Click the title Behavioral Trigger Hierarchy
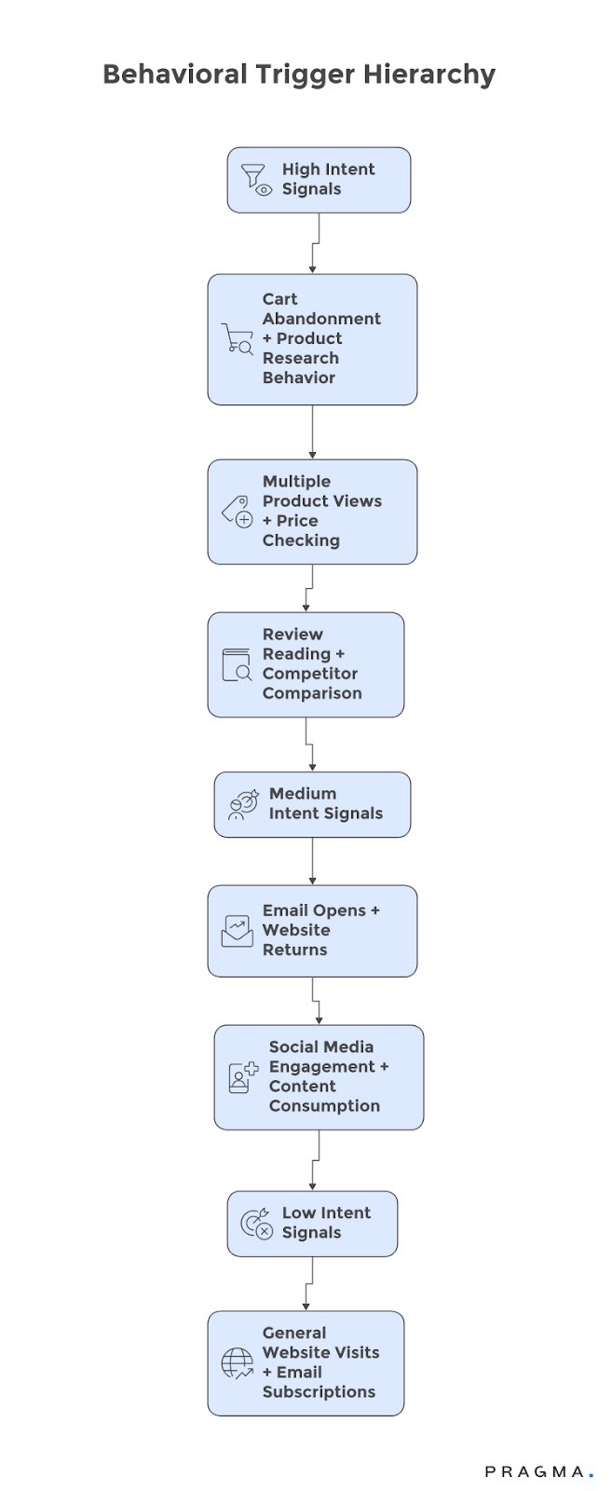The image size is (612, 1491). pos(298,75)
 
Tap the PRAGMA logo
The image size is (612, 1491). pos(537,1471)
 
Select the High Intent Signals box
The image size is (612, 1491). pos(319,180)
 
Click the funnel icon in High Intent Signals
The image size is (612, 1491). pos(255,179)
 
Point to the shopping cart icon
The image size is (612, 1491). pos(238,339)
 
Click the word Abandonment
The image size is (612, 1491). pos(321,319)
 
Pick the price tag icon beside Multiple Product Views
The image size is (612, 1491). pos(237,512)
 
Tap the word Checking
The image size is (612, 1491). pos(301,540)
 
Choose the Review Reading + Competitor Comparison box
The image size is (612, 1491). pos(306,664)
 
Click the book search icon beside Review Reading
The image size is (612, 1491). pos(237,664)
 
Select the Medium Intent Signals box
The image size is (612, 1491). pos(312,804)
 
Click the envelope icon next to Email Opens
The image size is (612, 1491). pos(237,931)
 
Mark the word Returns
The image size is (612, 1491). pos(294,950)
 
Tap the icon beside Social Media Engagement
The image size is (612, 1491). pos(243,1077)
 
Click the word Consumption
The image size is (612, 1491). pos(324,1106)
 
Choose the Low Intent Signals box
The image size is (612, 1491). pos(312,1224)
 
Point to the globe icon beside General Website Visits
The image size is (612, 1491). pos(237,1363)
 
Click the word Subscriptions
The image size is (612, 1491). pos(319,1392)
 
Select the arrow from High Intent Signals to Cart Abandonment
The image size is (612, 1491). pos(314,244)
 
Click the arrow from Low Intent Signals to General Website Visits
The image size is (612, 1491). pos(307,1284)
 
